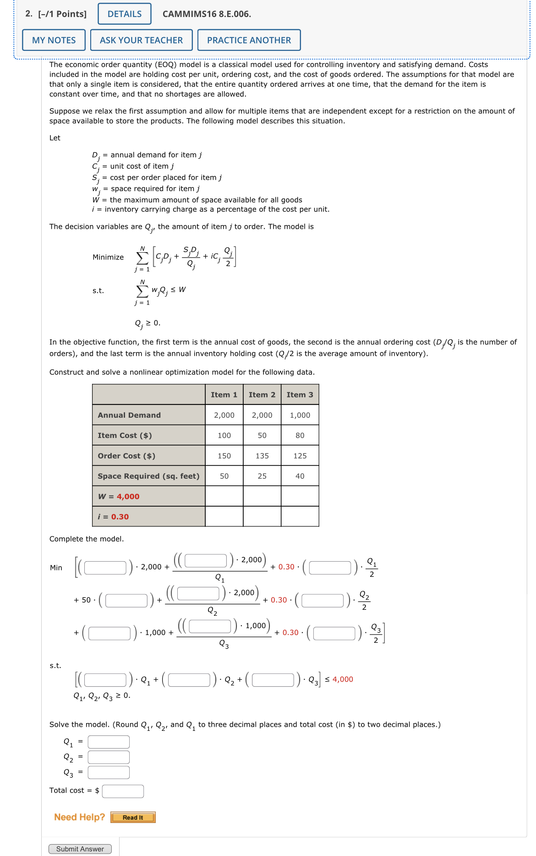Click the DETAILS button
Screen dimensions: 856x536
pos(124,14)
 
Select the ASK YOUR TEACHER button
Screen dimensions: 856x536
pos(141,40)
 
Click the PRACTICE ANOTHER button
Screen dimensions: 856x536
pos(249,40)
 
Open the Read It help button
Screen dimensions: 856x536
pos(133,817)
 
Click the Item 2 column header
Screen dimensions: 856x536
pos(262,395)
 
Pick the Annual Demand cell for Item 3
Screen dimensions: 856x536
pos(300,415)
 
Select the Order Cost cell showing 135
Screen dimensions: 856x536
pos(262,456)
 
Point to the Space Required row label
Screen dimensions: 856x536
pos(148,476)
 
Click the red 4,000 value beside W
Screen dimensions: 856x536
pos(128,497)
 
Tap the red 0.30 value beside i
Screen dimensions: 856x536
pos(120,517)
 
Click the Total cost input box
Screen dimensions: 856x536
pos(123,791)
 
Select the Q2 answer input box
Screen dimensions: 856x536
pos(109,757)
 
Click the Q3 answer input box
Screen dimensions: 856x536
pos(109,773)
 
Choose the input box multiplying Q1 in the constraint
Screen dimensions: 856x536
pos(105,679)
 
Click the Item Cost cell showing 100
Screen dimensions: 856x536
pos(224,436)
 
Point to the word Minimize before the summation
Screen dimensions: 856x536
pos(108,257)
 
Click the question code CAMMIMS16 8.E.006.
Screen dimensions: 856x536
pos(207,14)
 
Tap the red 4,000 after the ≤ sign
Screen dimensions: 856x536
pos(343,679)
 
